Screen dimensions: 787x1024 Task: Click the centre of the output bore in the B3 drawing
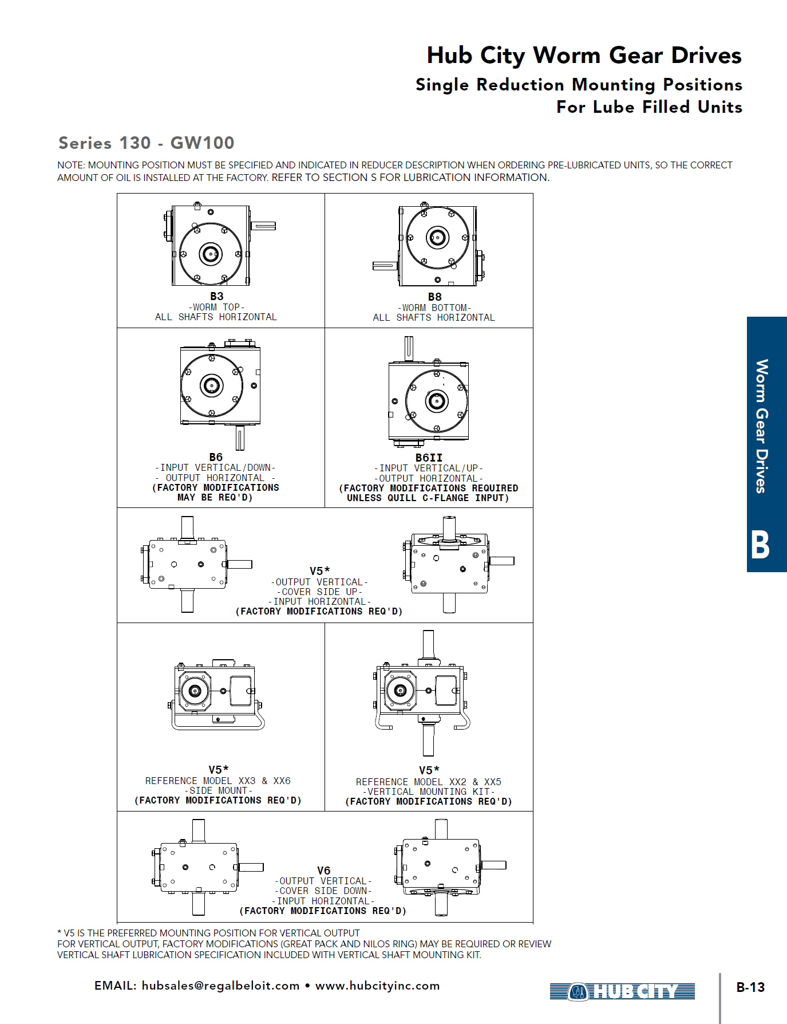pos(210,254)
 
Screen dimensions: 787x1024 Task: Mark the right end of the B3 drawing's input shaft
pos(276,226)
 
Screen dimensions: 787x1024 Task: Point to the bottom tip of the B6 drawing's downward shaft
pos(240,450)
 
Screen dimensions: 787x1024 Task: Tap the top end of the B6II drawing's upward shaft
pos(409,337)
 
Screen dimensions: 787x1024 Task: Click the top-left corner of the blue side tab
pos(747,317)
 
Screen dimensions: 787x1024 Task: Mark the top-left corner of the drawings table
pos(117,194)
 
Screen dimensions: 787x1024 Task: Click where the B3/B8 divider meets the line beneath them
pos(325,328)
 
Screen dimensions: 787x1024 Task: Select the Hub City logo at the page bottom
pos(622,991)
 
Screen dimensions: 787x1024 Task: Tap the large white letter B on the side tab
pos(760,544)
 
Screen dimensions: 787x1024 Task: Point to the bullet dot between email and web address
pos(307,986)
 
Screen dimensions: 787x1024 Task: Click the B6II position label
pos(429,458)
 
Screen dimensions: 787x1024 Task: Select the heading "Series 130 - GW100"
pos(147,143)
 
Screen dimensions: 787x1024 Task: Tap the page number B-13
pos(750,987)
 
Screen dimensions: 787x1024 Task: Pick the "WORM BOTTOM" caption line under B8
pos(434,308)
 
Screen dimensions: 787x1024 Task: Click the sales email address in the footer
pos(221,986)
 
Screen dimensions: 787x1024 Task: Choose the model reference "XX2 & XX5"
pos(475,782)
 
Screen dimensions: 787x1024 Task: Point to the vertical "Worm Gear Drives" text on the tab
pos(761,426)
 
